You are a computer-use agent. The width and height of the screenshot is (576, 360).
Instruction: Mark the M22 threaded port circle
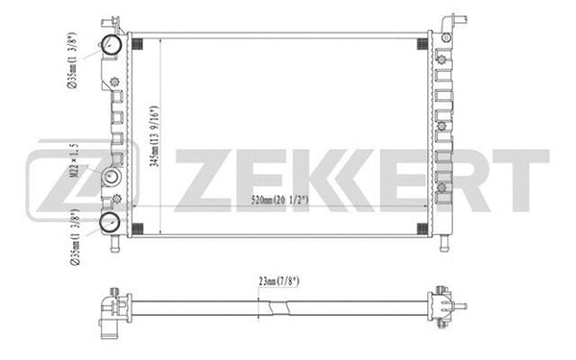[112, 179]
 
